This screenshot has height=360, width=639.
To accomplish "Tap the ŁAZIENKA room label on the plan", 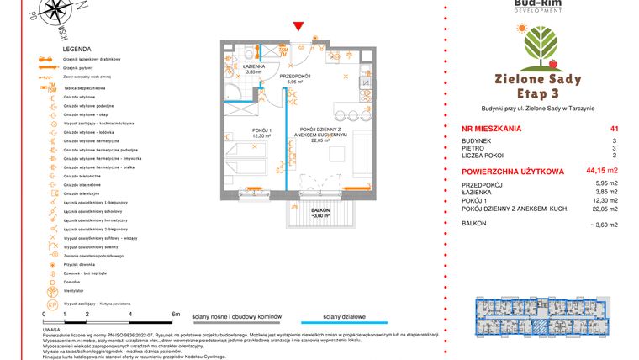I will [255, 66].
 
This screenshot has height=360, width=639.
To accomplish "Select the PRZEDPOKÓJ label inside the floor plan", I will [295, 77].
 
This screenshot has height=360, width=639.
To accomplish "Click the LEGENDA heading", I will [77, 50].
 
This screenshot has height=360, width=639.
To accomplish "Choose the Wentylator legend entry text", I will [76, 292].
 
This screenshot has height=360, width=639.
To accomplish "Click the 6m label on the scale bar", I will [175, 314].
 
